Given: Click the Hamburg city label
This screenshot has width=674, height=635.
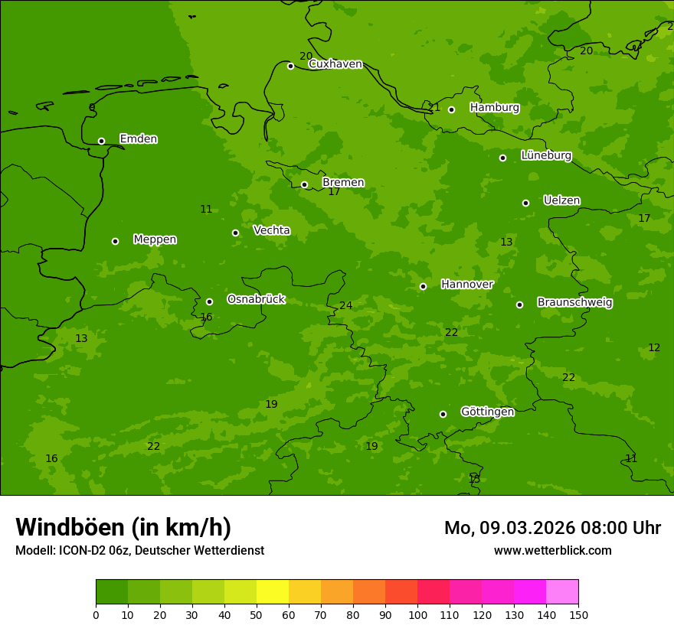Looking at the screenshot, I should (494, 108).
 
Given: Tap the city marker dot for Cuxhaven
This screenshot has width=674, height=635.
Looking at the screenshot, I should (290, 66).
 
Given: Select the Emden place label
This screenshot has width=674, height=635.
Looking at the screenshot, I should (138, 138).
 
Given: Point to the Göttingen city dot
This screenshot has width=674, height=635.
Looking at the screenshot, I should (443, 414).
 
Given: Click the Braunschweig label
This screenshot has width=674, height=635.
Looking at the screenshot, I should (574, 302).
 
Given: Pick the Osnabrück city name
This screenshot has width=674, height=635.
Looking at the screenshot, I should (256, 299).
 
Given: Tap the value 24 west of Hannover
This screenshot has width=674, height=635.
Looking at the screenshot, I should (346, 305).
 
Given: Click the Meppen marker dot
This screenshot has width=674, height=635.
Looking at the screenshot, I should (115, 241).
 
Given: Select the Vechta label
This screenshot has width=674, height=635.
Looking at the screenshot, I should (271, 230).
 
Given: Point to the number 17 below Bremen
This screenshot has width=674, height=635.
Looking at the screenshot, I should (334, 191).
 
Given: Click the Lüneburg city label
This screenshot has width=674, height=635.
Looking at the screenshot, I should (546, 155).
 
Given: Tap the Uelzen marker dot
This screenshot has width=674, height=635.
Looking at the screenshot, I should (525, 203).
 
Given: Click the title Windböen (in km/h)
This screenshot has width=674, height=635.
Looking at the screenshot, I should (123, 527).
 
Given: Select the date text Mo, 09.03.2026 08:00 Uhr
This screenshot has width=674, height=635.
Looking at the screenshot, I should (552, 528).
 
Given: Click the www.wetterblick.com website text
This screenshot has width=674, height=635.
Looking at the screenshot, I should (552, 550).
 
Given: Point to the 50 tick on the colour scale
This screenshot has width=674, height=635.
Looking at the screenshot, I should (257, 614).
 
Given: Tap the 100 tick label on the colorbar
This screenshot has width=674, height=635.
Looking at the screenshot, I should (417, 614).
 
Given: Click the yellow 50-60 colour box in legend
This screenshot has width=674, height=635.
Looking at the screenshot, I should (273, 592).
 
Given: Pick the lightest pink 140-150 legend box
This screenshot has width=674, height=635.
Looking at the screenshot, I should (562, 592).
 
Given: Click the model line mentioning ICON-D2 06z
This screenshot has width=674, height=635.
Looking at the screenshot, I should (139, 550).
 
